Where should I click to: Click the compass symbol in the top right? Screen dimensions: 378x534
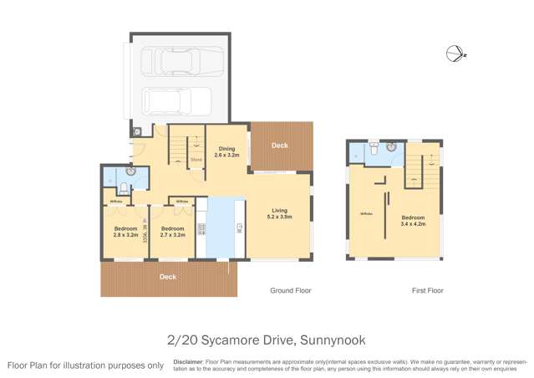[x=455, y=53]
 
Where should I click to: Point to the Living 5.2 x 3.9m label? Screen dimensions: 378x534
[x=280, y=214]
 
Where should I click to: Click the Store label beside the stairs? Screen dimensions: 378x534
[x=196, y=160]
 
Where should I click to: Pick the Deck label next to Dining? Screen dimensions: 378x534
[x=280, y=146]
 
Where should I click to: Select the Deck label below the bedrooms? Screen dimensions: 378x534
[x=168, y=277]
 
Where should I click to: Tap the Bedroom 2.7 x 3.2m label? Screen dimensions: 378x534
[x=173, y=232]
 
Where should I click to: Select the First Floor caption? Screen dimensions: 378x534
[x=427, y=291]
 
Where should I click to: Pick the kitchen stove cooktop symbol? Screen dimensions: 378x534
[x=201, y=228]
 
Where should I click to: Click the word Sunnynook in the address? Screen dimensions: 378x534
[x=336, y=340]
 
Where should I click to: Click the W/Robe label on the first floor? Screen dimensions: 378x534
[x=365, y=213]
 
